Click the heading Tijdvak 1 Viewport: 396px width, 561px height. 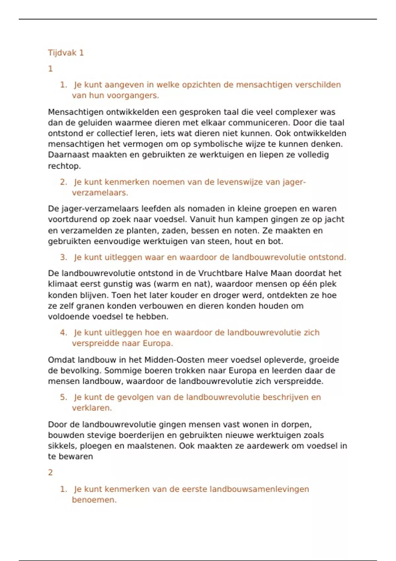point(66,53)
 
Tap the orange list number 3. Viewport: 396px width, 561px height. point(63,257)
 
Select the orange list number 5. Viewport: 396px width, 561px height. point(63,397)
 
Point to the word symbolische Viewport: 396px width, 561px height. point(221,144)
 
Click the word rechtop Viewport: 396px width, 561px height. point(64,166)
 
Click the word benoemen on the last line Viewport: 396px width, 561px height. point(94,500)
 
